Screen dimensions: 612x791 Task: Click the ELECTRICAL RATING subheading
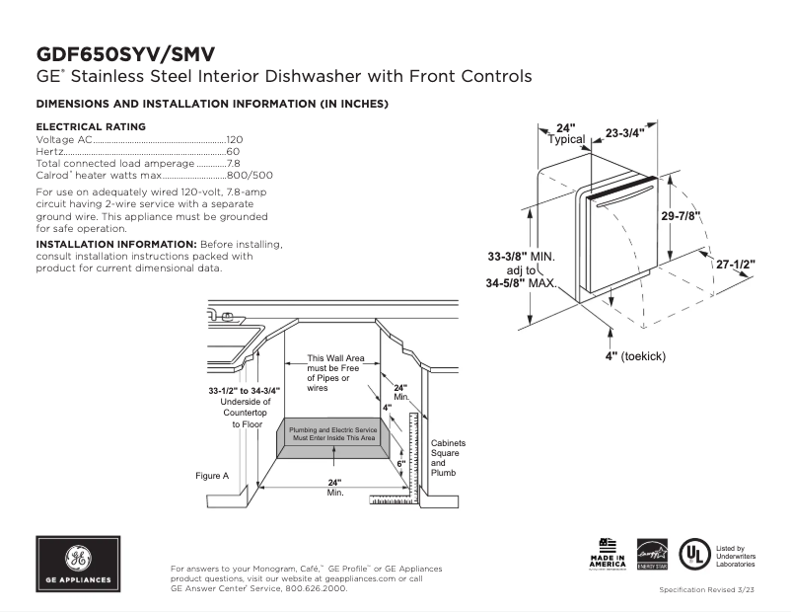point(91,126)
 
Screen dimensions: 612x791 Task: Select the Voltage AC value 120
point(235,140)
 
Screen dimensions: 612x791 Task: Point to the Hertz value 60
point(233,152)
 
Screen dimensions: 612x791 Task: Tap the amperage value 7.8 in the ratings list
point(234,163)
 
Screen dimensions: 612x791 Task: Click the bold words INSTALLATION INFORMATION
point(115,244)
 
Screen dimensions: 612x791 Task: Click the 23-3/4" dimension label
point(624,132)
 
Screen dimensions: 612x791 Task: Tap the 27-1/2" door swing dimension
point(736,265)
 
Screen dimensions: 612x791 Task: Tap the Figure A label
point(212,476)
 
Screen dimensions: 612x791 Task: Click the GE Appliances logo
point(78,564)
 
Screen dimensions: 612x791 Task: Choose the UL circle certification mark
point(696,554)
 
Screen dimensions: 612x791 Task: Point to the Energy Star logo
point(652,555)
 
